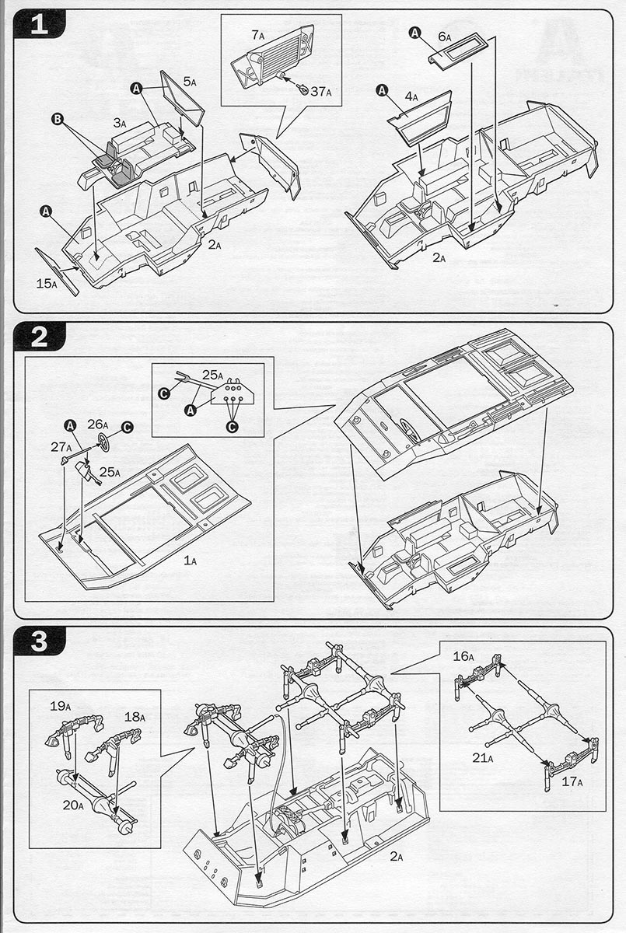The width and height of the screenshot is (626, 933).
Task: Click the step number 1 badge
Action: tap(40, 26)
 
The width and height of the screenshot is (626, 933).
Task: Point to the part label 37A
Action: tap(320, 92)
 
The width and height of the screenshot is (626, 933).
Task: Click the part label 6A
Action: tap(446, 37)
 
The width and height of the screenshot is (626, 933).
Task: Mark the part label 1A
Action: tap(191, 558)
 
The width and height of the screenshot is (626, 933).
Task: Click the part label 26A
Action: tap(97, 424)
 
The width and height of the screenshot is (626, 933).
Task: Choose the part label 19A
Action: tap(61, 707)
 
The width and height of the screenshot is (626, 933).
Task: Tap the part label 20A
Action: tap(73, 805)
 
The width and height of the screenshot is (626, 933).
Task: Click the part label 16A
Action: tap(463, 656)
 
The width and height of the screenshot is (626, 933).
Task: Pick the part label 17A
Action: tap(572, 781)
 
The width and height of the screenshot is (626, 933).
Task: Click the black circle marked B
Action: tap(57, 118)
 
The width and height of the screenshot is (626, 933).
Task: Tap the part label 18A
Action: tap(135, 716)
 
